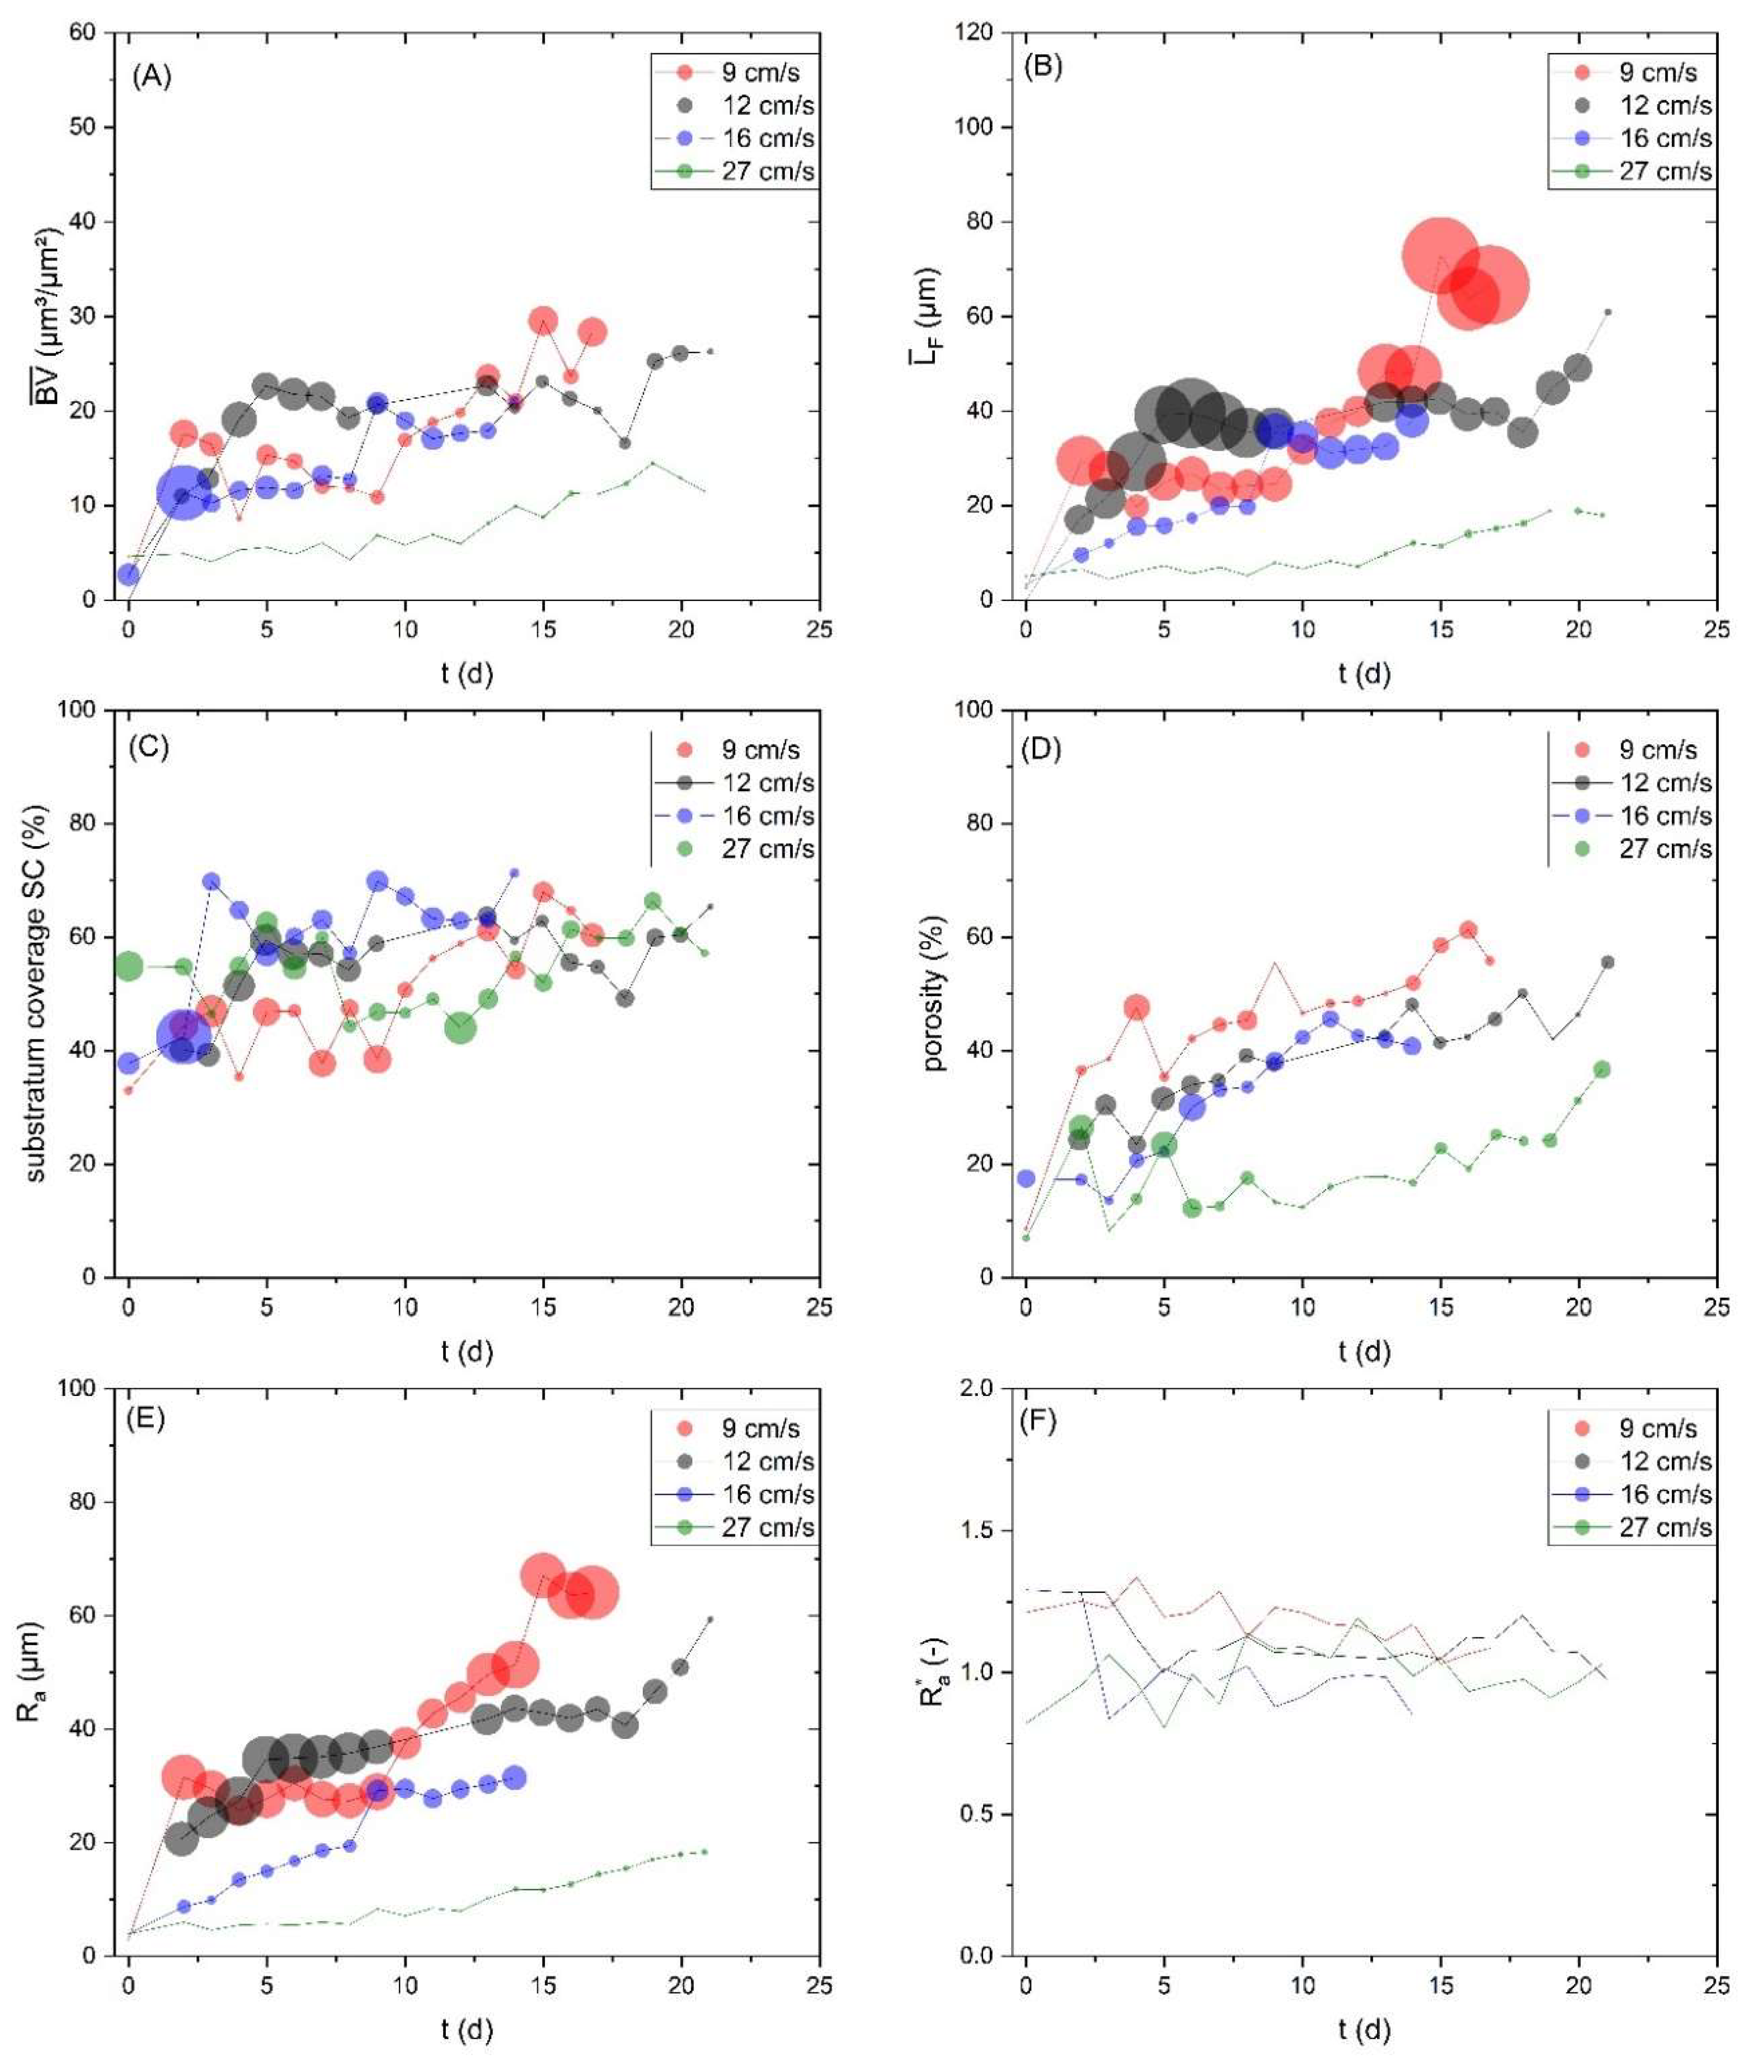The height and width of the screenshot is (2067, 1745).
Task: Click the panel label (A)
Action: pos(152,76)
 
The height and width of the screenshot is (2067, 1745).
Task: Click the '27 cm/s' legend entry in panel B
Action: pos(1665,171)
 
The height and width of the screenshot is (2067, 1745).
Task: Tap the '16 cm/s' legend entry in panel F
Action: pos(1665,1494)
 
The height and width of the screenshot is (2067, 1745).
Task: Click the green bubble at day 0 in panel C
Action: pos(129,966)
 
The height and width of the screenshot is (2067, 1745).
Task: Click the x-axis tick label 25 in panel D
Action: pos(1716,1308)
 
